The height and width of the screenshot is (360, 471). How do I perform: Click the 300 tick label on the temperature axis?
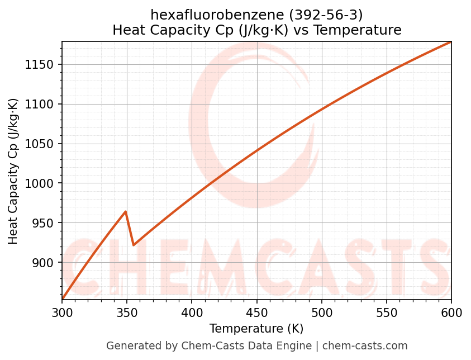pyautogui.click(x=62, y=314)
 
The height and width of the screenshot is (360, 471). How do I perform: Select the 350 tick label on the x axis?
pyautogui.click(x=127, y=314)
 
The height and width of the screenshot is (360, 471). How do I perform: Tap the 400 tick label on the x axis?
pyautogui.click(x=192, y=314)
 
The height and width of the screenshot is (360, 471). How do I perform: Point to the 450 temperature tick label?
pyautogui.click(x=256, y=314)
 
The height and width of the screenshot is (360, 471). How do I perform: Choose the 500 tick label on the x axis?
pyautogui.click(x=321, y=314)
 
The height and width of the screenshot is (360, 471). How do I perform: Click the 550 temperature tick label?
pyautogui.click(x=386, y=314)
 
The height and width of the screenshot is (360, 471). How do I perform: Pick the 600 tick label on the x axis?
pyautogui.click(x=451, y=314)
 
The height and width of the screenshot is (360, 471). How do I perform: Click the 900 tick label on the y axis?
pyautogui.click(x=45, y=263)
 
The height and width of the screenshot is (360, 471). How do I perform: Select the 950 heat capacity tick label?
pyautogui.click(x=45, y=223)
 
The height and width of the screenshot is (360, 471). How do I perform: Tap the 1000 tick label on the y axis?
pyautogui.click(x=42, y=183)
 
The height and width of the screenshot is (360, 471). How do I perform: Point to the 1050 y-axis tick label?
pyautogui.click(x=42, y=144)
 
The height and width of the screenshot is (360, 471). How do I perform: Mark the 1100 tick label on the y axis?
pyautogui.click(x=42, y=104)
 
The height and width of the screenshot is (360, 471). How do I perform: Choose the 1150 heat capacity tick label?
pyautogui.click(x=42, y=65)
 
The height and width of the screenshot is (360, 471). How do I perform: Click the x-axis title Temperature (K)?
pyautogui.click(x=256, y=329)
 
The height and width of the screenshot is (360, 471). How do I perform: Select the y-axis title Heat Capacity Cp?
pyautogui.click(x=13, y=171)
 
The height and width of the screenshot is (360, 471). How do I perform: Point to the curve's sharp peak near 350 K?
pyautogui.click(x=126, y=211)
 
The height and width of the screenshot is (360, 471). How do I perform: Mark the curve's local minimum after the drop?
pyautogui.click(x=134, y=245)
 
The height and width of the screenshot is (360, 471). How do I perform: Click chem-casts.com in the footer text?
pyautogui.click(x=365, y=346)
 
